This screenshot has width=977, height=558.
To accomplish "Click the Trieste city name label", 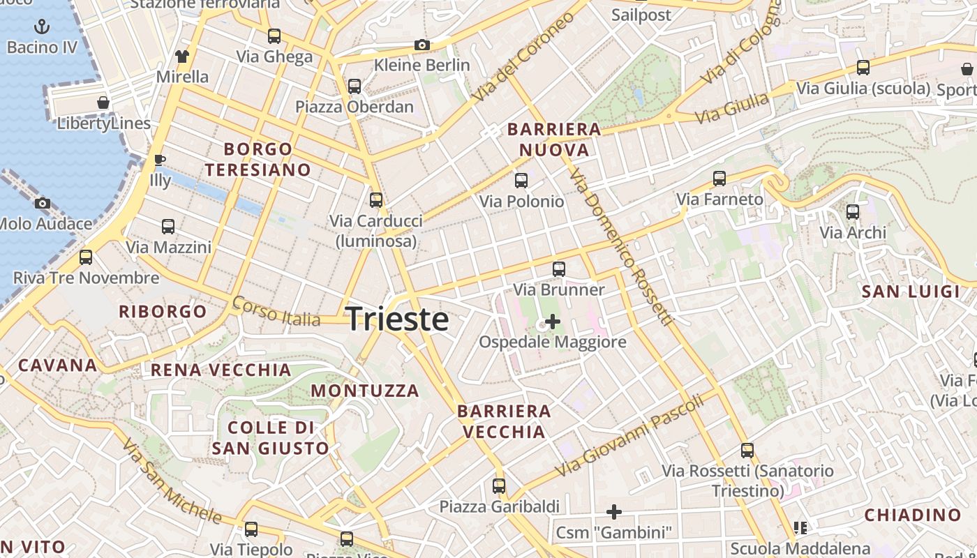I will point(397,319).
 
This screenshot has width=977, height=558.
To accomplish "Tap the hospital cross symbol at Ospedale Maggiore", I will point(552,322).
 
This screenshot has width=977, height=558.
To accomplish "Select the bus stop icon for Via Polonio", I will point(521,181).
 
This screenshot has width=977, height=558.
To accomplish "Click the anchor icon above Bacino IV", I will point(42,27).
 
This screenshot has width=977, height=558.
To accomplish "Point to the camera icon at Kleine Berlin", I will point(422,45).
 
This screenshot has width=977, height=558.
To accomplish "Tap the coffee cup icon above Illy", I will point(160,160).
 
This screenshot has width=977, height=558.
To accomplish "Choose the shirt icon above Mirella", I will point(182,56).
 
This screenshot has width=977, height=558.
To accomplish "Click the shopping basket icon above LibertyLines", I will point(103,103).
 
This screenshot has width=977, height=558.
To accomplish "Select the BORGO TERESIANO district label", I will point(258,159).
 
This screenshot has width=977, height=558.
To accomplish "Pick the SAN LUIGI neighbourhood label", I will point(911,292).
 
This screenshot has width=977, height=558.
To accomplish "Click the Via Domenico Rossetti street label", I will point(620,248).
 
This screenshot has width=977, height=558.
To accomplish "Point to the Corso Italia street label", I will point(275,311).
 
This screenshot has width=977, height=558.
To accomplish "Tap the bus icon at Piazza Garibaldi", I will point(499,486).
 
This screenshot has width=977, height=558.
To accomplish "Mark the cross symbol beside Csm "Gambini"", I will point(614,513).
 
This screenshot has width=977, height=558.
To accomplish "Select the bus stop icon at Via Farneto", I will point(719,179).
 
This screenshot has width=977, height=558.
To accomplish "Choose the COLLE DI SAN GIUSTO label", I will point(269,437).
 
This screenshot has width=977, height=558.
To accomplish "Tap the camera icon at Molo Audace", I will point(43,204).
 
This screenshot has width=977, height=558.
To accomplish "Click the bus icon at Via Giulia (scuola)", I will point(863,68).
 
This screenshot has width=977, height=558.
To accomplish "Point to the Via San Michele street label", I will point(172,481).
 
